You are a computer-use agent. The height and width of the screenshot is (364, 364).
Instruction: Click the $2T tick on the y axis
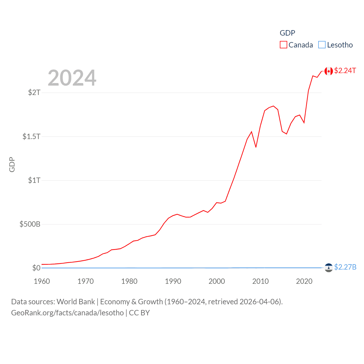tap(34, 92)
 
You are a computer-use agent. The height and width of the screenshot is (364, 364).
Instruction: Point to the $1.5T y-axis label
tap(31, 136)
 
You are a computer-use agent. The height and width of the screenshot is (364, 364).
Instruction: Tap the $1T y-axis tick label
tap(34, 180)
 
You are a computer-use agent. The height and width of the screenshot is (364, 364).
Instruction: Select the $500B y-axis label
tap(30, 224)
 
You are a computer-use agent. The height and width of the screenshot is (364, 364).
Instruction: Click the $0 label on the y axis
tap(36, 268)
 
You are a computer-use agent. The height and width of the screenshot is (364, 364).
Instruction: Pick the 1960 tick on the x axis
tap(42, 281)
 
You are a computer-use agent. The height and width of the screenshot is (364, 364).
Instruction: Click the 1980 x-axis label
tap(129, 281)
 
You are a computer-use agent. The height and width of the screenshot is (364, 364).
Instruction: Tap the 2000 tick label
tap(217, 281)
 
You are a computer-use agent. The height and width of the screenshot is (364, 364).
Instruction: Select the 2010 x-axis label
tap(260, 281)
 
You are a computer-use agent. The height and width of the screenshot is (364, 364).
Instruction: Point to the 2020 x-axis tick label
tap(304, 281)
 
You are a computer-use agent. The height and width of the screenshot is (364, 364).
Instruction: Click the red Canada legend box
tap(284, 45)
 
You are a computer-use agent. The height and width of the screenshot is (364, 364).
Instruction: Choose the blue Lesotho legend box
tap(322, 45)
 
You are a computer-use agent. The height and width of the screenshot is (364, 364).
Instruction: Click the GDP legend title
tap(288, 33)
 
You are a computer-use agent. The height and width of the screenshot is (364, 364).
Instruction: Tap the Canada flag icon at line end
tap(329, 71)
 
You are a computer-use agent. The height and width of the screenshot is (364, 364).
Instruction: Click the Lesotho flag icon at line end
tap(329, 268)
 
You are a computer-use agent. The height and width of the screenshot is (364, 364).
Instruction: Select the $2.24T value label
tap(345, 71)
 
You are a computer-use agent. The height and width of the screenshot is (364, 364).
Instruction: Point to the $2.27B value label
tap(345, 267)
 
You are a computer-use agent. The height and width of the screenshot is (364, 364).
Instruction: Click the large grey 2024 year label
tap(72, 78)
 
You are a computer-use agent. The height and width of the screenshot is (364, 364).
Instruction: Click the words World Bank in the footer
tap(76, 302)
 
